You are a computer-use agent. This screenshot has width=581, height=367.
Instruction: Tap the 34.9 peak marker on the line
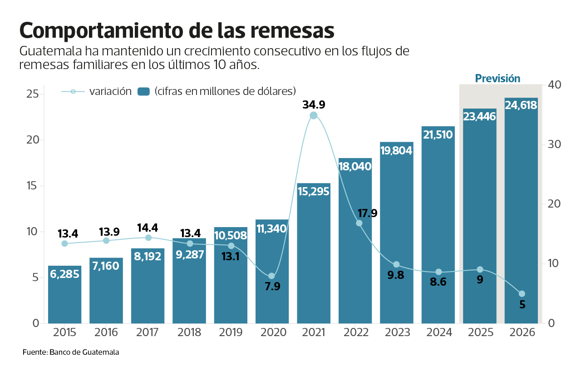(x=314, y=115)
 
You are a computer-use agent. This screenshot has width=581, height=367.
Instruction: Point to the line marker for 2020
(x=272, y=276)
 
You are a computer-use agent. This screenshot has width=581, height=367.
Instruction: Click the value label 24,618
(x=521, y=105)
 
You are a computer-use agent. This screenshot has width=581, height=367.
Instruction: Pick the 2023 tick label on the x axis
(x=398, y=332)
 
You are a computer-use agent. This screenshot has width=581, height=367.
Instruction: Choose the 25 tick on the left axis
(x=32, y=94)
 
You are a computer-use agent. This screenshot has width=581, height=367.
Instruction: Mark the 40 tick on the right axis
(x=555, y=85)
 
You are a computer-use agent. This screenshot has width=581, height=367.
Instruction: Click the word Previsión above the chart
(x=497, y=79)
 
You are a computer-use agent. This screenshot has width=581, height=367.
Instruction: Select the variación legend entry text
(x=110, y=91)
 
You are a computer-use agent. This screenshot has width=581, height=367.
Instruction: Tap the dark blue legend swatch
(x=144, y=91)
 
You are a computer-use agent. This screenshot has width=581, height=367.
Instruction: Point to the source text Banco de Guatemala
(x=84, y=352)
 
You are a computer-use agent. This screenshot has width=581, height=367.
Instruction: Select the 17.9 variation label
(x=367, y=213)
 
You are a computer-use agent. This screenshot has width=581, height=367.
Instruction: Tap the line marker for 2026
(x=522, y=294)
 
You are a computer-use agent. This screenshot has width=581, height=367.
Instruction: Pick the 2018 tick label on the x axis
(x=189, y=332)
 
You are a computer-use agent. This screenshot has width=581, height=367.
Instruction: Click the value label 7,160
(x=106, y=266)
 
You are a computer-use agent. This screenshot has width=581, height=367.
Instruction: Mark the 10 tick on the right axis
(x=555, y=263)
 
